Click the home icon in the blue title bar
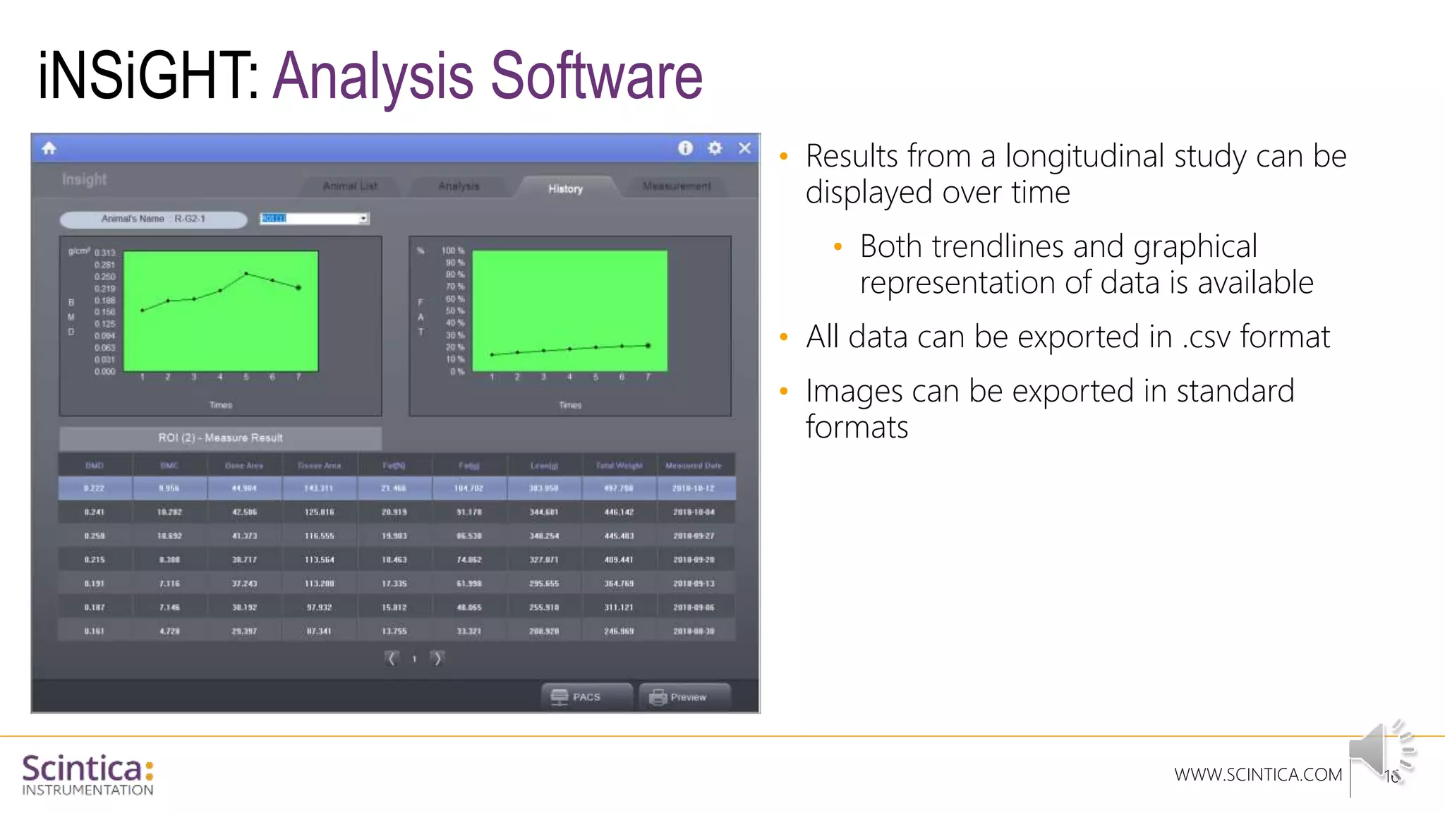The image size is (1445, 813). point(49,148)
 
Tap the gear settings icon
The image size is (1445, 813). point(715,148)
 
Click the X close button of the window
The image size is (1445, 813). point(744,148)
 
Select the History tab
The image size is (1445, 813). point(566,188)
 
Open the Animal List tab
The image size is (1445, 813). point(350,186)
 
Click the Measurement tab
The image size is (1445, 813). point(676,186)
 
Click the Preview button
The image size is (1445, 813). point(684,697)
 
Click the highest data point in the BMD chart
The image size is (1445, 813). point(246,273)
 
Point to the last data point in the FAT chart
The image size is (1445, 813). point(648,345)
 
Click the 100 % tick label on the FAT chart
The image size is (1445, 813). point(453,251)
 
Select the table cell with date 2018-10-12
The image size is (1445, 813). point(694,488)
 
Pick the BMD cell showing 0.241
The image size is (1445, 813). point(95,512)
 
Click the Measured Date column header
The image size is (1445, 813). point(694,466)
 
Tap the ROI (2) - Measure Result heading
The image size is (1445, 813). point(220,438)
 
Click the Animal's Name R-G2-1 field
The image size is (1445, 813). point(153,219)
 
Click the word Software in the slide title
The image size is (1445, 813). point(596,76)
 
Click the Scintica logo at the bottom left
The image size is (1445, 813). point(87,774)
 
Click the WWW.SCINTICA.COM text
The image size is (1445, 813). point(1257,775)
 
